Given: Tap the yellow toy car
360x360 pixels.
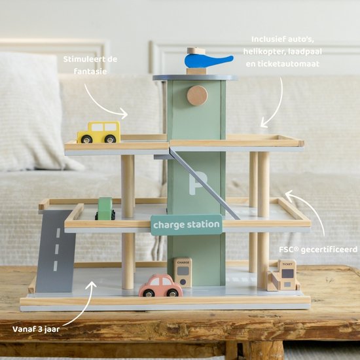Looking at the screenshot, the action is coord(99,132).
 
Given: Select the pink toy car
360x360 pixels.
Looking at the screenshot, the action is coord(160,285).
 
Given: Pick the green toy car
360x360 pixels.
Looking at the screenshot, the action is coord(105,208).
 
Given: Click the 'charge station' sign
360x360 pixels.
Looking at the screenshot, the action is coord(187,225).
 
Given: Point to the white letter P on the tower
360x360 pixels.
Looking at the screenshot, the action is coord(197,185).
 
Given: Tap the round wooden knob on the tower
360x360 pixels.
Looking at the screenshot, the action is coord(197,96).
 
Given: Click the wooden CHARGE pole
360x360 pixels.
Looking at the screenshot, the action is coord(183,272).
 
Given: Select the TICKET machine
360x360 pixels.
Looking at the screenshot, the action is coord(284,276).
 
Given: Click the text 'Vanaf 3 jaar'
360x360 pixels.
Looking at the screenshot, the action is coord(36,329).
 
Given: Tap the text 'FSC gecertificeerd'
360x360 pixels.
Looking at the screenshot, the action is coord(318,249).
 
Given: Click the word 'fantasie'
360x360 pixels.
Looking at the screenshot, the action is coord(90,71).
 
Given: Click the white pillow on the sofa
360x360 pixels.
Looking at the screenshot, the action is coord(32,112).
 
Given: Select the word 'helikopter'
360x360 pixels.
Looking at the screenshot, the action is coord(263,52).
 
